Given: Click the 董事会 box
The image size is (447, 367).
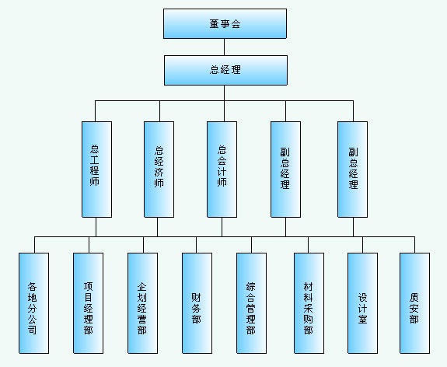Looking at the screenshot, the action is [225, 23].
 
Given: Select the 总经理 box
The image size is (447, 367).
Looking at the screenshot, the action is [225, 70].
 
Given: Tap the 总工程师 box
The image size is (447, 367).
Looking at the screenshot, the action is [96, 170].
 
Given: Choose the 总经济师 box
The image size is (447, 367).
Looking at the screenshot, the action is [159, 170].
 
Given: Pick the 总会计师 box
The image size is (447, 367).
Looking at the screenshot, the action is [222, 170].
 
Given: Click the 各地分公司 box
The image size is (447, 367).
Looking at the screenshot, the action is [33, 303].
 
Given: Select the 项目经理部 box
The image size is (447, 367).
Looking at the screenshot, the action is [88, 303].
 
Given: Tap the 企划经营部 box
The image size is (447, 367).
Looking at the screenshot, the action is [142, 303].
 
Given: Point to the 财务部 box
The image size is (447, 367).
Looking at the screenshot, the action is [197, 303].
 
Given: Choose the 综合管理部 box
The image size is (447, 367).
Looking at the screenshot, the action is [251, 303].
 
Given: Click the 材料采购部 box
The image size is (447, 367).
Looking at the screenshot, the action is [309, 303].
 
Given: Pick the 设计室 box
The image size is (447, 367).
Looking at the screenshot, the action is [362, 303].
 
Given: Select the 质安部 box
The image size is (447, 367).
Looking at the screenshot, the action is [414, 303].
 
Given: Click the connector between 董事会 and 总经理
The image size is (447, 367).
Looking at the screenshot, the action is [224, 47].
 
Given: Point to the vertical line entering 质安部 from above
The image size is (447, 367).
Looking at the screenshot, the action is [414, 245].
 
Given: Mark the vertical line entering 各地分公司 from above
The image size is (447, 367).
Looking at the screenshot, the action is [34, 245].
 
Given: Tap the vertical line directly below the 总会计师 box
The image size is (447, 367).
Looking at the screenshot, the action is [222, 227].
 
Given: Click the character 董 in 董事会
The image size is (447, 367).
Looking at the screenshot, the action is [215, 23].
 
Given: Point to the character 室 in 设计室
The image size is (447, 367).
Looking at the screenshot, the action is [362, 319].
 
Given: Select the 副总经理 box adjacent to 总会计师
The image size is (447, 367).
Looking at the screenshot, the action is [285, 170].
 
